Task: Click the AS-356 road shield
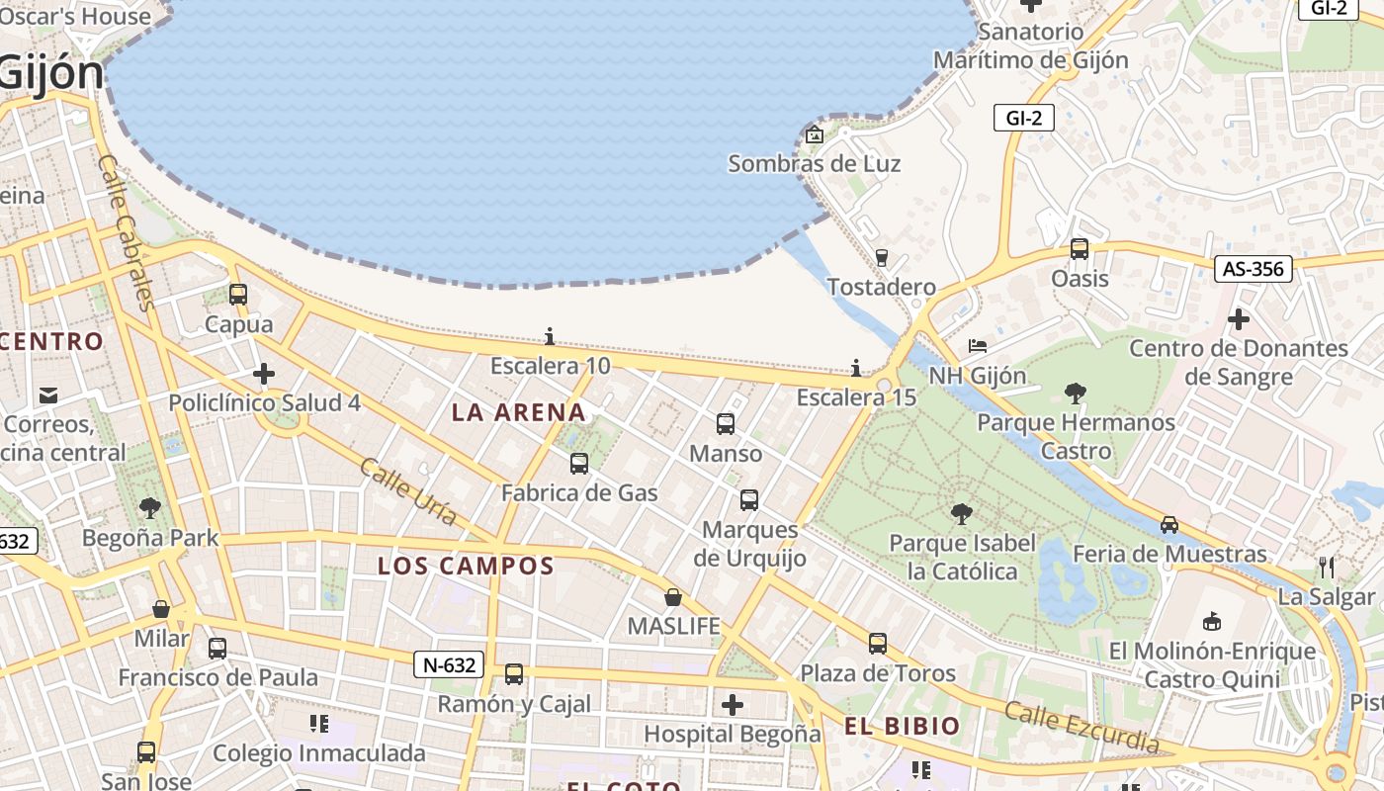1254,269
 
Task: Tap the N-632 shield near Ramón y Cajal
449,665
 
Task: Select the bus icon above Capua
237,294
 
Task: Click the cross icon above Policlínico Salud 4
263,374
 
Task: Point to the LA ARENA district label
519,412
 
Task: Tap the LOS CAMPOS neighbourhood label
466,567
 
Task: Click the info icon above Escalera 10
550,337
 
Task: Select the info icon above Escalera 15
856,369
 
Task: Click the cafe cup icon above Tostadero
882,258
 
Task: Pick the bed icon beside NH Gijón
977,346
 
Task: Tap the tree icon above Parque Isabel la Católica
961,514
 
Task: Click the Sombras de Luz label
814,163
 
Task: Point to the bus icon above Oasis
1080,249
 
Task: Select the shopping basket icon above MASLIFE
673,597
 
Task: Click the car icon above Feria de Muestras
1169,525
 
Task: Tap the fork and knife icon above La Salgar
1327,568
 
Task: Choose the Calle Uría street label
408,491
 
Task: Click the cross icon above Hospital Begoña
732,705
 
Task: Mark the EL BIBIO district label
902,727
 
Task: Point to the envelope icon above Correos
48,396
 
